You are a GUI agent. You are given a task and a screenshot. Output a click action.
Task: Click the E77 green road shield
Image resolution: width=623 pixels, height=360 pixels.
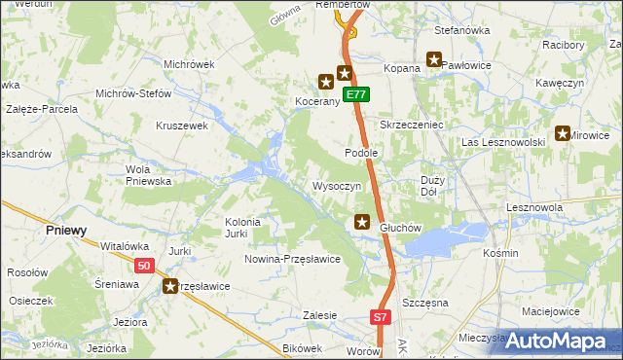[357, 94]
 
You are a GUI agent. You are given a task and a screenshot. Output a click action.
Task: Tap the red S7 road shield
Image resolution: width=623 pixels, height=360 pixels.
[381, 317]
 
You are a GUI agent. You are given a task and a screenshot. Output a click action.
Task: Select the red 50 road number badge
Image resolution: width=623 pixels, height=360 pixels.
[144, 266]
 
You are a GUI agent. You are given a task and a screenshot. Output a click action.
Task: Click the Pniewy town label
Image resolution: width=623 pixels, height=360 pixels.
[66, 231]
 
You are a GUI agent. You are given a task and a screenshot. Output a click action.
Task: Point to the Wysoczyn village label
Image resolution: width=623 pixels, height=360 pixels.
[337, 186]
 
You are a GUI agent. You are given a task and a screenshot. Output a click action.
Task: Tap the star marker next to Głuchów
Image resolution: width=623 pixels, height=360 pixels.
[362, 223]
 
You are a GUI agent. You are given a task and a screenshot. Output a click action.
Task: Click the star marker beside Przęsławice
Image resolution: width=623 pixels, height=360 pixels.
[171, 286]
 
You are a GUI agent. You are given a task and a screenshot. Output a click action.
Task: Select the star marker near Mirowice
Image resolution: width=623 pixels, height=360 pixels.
[563, 134]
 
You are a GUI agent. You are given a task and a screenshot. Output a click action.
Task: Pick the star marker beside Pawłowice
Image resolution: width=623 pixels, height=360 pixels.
[433, 59]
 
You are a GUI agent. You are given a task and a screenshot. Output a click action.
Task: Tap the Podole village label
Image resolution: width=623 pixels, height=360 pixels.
[361, 154]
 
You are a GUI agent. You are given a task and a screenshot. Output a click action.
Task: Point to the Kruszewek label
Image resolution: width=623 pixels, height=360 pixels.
[183, 126]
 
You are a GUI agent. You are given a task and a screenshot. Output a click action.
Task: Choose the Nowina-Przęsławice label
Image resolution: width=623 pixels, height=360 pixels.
[292, 259]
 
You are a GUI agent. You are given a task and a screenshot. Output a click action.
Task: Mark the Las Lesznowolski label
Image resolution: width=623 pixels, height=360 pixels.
[502, 142]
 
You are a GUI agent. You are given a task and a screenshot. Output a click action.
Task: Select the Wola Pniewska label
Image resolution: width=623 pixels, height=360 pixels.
[149, 174]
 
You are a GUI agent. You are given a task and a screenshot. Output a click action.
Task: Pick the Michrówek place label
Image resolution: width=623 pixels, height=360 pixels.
[189, 64]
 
